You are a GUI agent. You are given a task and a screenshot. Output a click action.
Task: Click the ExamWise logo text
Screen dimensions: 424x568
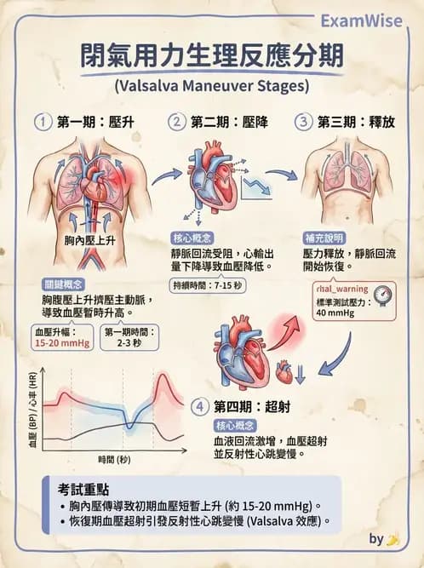tap(361, 21)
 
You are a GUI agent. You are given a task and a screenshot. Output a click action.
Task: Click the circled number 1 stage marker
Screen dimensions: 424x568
tap(43, 122)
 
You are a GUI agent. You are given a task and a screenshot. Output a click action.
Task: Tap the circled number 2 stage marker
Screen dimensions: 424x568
tap(177, 122)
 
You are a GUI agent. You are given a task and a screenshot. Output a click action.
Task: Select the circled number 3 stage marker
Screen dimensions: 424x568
tap(303, 122)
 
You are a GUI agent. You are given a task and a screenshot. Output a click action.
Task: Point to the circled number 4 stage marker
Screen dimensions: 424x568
tap(200, 406)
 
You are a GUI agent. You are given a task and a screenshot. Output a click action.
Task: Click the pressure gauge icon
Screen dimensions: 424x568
tap(383, 295)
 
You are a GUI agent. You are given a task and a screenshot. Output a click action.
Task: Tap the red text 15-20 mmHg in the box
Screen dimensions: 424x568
tap(62, 343)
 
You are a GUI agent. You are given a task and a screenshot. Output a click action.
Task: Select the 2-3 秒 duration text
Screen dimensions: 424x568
tap(129, 343)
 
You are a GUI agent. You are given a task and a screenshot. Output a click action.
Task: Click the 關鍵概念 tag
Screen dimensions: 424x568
tap(63, 284)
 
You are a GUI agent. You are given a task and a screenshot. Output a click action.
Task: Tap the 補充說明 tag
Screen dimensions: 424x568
tap(324, 238)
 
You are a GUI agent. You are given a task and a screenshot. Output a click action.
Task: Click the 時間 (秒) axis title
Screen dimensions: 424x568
tap(114, 460)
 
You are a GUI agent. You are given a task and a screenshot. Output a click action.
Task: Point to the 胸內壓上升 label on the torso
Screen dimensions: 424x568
tap(89, 240)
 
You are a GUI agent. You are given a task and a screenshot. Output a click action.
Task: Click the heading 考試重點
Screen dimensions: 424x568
tap(83, 490)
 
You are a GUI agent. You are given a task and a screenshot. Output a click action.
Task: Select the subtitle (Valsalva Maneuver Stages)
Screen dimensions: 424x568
tap(212, 87)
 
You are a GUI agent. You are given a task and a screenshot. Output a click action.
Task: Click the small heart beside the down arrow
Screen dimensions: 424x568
tap(284, 372)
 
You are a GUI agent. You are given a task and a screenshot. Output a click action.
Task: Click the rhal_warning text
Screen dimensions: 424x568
tap(342, 289)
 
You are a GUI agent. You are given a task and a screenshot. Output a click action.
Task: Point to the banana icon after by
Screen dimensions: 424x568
tap(392, 540)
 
